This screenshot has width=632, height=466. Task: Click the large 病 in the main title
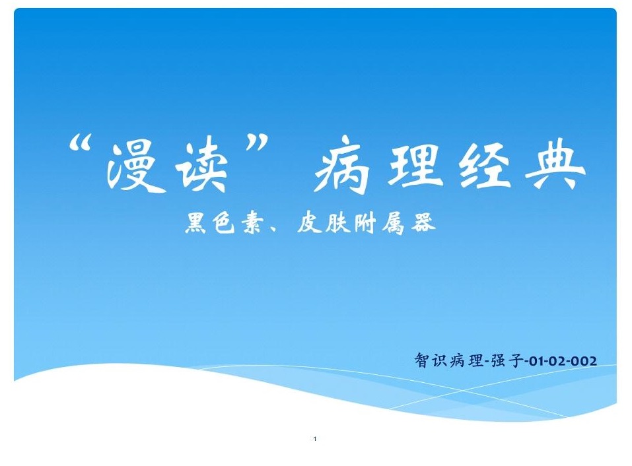point(342,165)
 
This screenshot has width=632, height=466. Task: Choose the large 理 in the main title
point(415,165)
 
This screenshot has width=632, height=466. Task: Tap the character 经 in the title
point(485,165)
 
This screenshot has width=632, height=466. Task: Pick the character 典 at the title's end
point(556,165)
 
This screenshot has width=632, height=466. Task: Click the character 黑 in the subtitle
point(195,222)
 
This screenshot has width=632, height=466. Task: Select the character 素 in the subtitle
point(252,222)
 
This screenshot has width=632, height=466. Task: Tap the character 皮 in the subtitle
point(309,222)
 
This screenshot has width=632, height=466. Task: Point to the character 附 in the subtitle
point(365,222)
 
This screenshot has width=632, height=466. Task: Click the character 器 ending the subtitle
point(423,222)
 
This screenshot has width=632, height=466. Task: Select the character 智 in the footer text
point(421,360)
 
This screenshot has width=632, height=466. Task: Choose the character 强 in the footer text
point(498,360)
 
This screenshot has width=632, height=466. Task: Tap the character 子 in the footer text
point(516,360)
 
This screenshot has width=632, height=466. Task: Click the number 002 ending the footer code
point(583,361)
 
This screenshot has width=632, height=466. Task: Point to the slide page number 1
point(315,439)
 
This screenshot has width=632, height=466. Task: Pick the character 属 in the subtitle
point(394,222)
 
